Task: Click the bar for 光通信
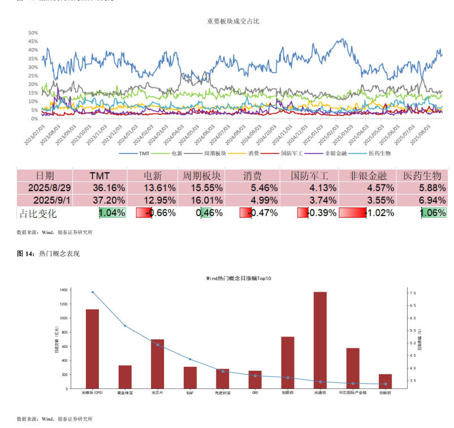tap(320, 340)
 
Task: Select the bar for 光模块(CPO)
tap(92, 349)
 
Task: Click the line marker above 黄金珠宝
tap(125, 326)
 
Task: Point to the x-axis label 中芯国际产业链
tap(353, 392)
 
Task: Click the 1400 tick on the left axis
tap(63, 290)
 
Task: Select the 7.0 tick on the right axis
tap(413, 293)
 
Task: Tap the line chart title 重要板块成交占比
tap(233, 21)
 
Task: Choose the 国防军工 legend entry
tap(292, 153)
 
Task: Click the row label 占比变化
tap(38, 213)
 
